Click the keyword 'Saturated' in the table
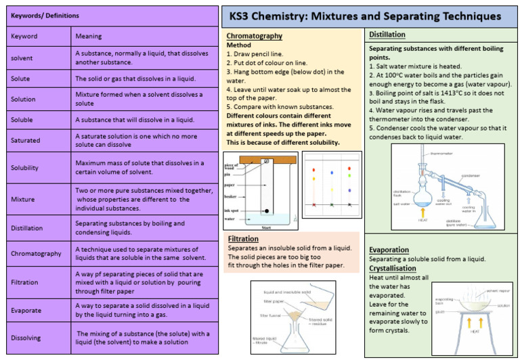point(26,140)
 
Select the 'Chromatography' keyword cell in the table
point(36,254)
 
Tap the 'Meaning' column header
point(89,37)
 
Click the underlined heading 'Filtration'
point(243,239)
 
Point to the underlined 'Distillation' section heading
point(387,35)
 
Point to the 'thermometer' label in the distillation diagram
point(441,153)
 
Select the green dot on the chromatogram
point(348,178)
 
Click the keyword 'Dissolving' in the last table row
point(26,338)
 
